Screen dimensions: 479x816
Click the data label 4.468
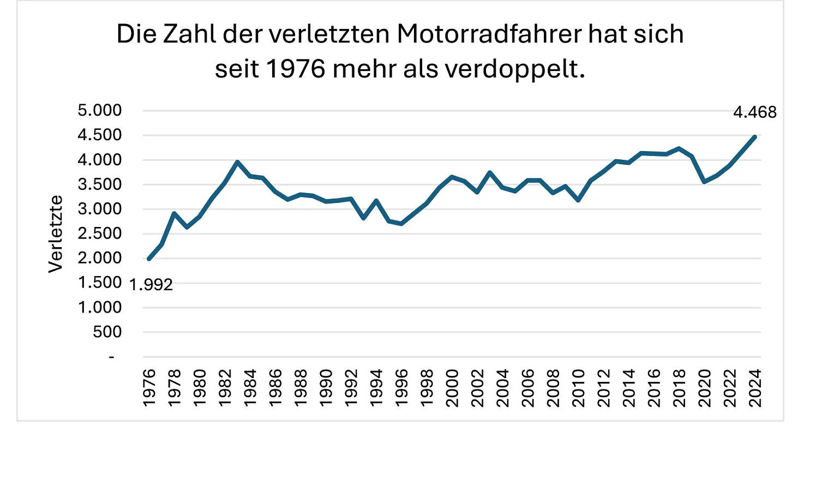pyautogui.click(x=754, y=112)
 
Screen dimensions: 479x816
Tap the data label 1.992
pyautogui.click(x=151, y=285)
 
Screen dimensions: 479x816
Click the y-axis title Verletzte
pyautogui.click(x=56, y=233)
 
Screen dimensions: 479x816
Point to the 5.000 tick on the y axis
pyautogui.click(x=100, y=110)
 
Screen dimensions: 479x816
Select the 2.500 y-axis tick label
pyautogui.click(x=100, y=233)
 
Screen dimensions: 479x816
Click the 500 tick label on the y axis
pyautogui.click(x=107, y=332)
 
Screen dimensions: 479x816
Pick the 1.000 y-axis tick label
pyautogui.click(x=100, y=307)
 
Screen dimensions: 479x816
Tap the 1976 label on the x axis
pyautogui.click(x=149, y=387)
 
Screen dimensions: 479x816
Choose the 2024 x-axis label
pyautogui.click(x=755, y=387)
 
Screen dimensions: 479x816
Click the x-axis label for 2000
pyautogui.click(x=452, y=387)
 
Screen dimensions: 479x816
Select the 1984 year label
pyautogui.click(x=250, y=387)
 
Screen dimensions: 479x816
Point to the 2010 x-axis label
pyautogui.click(x=578, y=387)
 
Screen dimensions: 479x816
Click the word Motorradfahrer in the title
pyautogui.click(x=489, y=34)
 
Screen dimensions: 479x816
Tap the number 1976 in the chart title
pyautogui.click(x=296, y=69)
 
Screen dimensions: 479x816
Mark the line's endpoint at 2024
pyautogui.click(x=755, y=137)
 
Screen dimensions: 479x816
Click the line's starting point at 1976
pyautogui.click(x=149, y=259)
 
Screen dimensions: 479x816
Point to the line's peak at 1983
pyautogui.click(x=237, y=161)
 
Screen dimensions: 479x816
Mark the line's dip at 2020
pyautogui.click(x=705, y=182)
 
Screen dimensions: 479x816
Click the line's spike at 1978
pyautogui.click(x=174, y=213)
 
